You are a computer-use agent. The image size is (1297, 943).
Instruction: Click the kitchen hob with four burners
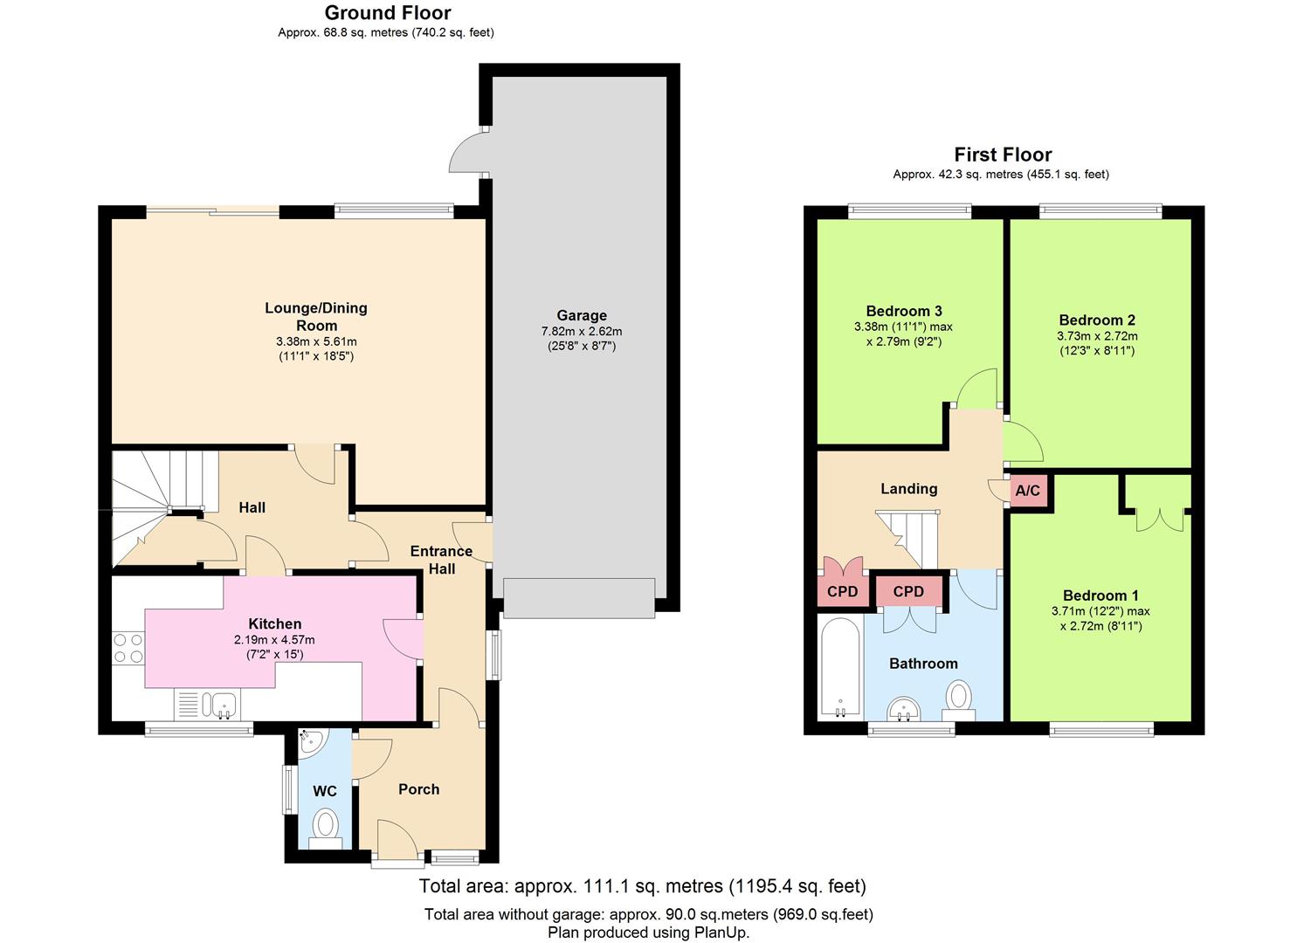point(128,649)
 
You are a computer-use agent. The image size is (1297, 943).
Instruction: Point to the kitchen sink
point(207,706)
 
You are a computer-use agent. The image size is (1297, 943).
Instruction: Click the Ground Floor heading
point(388,13)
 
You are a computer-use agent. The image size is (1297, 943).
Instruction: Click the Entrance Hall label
point(441,560)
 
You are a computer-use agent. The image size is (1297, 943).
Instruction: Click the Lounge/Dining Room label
point(316,317)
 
